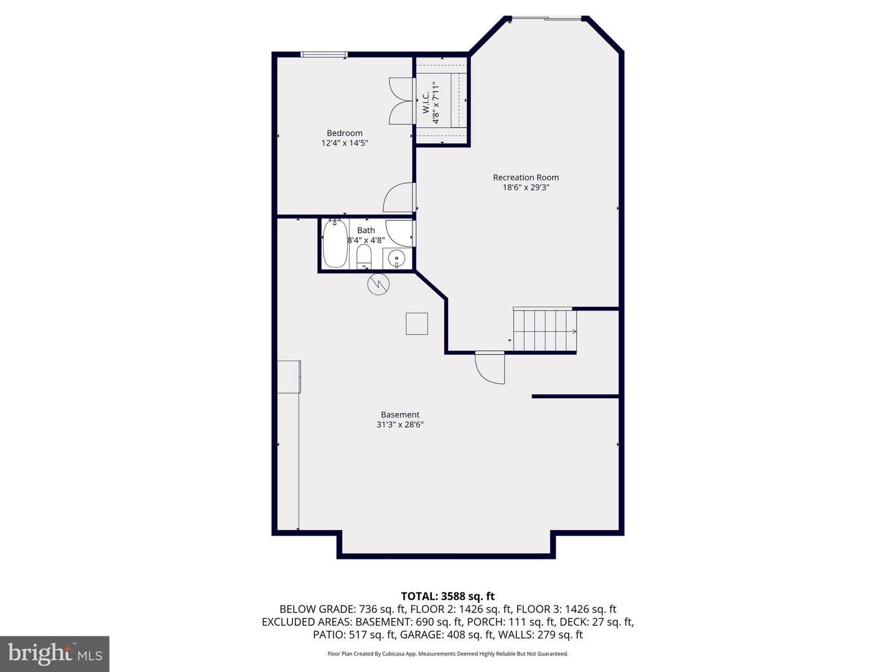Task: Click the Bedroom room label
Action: pyautogui.click(x=344, y=133)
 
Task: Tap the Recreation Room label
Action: pyautogui.click(x=526, y=177)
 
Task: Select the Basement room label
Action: pyautogui.click(x=400, y=415)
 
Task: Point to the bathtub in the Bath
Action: pyautogui.click(x=335, y=244)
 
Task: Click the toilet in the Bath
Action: pyautogui.click(x=364, y=256)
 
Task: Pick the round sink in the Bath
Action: pyautogui.click(x=396, y=257)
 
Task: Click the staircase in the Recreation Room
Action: pyautogui.click(x=544, y=330)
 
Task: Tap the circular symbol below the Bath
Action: pyautogui.click(x=378, y=284)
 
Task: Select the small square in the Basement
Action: pyautogui.click(x=417, y=324)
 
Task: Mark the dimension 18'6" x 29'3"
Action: pyautogui.click(x=526, y=187)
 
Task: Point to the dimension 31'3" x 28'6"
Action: pyautogui.click(x=400, y=425)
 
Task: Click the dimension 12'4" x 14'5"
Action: pyautogui.click(x=344, y=143)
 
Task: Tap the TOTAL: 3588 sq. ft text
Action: pyautogui.click(x=447, y=597)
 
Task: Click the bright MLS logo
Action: pyautogui.click(x=55, y=653)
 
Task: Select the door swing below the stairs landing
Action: pyautogui.click(x=490, y=368)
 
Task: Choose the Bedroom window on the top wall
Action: pyautogui.click(x=324, y=55)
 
